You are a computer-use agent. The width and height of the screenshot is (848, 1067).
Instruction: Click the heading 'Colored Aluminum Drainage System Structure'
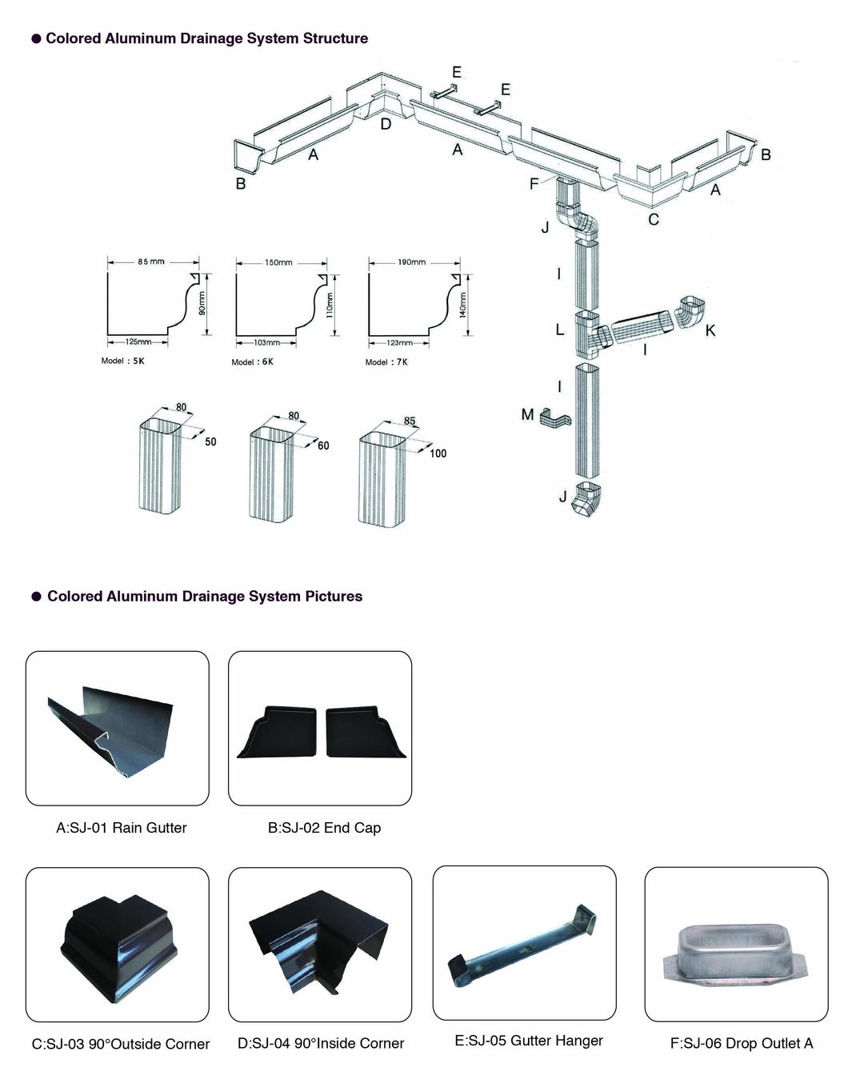click(x=206, y=38)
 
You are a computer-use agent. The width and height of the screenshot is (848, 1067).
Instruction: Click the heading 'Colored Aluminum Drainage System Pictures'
click(x=204, y=596)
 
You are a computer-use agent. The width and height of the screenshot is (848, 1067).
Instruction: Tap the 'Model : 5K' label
click(x=122, y=361)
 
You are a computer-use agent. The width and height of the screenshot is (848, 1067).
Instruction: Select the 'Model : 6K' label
click(x=252, y=362)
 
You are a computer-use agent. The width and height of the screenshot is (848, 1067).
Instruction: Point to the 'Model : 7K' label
click(x=386, y=362)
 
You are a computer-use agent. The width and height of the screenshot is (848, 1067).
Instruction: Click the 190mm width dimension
click(x=412, y=262)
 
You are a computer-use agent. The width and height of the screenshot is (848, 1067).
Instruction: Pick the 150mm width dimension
click(x=278, y=262)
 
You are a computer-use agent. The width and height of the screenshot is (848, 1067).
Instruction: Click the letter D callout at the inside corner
click(x=386, y=124)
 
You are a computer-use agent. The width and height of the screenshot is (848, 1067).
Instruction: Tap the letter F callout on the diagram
click(x=534, y=184)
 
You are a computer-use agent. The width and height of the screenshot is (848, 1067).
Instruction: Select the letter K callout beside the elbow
click(x=710, y=330)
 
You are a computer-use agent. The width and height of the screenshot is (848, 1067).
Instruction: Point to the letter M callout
click(x=527, y=414)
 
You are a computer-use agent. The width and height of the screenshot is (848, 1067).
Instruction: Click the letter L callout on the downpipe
click(x=560, y=329)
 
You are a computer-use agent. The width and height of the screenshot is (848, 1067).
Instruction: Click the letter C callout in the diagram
click(x=654, y=219)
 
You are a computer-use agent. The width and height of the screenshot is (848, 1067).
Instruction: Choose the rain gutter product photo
click(x=117, y=728)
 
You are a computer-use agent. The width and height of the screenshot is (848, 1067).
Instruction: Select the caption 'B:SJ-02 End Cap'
click(x=324, y=828)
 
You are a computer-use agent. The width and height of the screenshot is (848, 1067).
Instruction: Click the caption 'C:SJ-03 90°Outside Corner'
click(x=121, y=1044)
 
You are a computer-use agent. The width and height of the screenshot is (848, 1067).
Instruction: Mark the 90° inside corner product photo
click(x=320, y=944)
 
